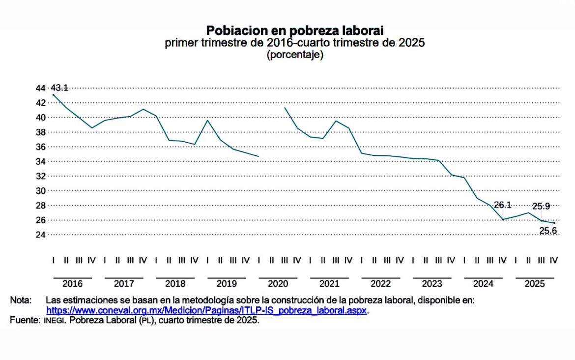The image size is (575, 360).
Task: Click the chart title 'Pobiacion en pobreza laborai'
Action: [x=294, y=30]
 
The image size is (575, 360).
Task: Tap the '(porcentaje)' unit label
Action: [x=294, y=55]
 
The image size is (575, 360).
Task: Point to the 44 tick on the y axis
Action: [x=40, y=88]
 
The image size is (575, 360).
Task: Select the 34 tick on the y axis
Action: [x=40, y=161]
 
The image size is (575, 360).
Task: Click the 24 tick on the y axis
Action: [x=40, y=235]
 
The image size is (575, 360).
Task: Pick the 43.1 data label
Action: [x=59, y=88]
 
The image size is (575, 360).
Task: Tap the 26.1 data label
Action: [x=503, y=205]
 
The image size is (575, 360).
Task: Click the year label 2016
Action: [x=72, y=284]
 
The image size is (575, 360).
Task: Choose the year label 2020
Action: [x=278, y=284]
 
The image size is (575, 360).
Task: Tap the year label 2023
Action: [x=432, y=284]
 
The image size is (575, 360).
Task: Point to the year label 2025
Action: [x=535, y=284]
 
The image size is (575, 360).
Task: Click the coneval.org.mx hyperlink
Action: [x=206, y=311]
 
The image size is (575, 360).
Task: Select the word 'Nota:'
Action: [x=21, y=300]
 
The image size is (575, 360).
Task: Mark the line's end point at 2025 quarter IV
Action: [x=554, y=223]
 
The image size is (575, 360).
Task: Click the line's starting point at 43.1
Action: [x=53, y=94]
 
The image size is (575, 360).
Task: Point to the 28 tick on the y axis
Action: [x=40, y=205]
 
